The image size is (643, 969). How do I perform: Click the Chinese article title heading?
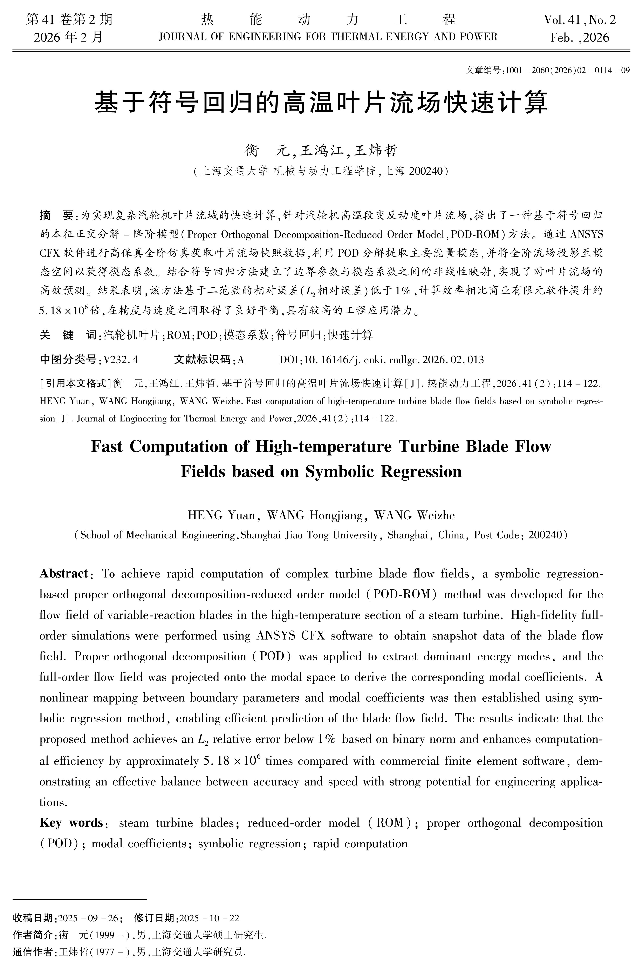click(321, 103)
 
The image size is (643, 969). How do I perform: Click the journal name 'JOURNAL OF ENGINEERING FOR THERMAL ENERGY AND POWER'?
click(328, 37)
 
